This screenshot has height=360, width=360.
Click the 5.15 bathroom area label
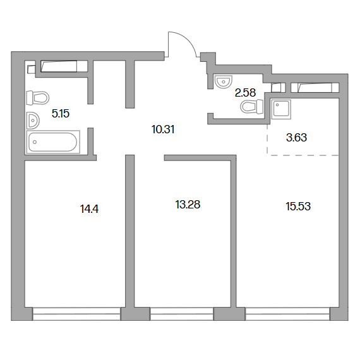coord(61,114)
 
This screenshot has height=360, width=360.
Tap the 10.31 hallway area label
coord(163,129)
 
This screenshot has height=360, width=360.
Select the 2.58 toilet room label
coord(245,93)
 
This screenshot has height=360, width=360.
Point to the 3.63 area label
coord(296,138)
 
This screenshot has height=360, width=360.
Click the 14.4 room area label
coord(89,209)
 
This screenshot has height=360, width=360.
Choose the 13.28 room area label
coord(188,205)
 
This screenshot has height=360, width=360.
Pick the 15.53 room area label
coord(298,206)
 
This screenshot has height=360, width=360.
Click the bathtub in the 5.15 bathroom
coord(53,142)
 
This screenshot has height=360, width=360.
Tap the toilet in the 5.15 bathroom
coord(38,98)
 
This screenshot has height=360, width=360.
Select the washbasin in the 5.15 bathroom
coord(33,120)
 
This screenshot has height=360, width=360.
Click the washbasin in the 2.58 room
coord(223,81)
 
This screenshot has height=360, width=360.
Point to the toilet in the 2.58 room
coord(252,107)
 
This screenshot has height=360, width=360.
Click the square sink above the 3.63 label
coord(281,109)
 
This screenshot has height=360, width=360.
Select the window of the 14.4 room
coord(76,314)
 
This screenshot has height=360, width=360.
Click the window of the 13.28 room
coord(182,314)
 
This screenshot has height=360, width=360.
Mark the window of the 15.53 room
coord(287,314)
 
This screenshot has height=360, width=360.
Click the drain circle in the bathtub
coord(35,142)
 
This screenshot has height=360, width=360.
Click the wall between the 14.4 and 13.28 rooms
coord(129,231)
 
